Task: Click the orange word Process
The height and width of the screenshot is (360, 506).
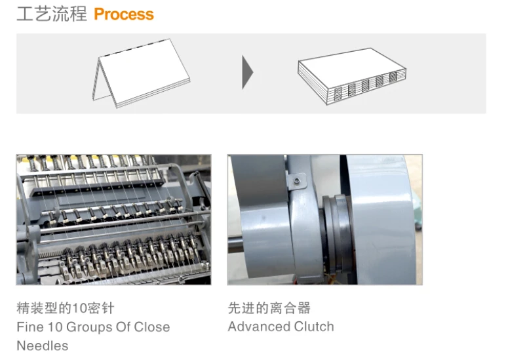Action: [124, 14]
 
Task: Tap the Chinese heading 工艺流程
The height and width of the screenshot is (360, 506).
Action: [52, 14]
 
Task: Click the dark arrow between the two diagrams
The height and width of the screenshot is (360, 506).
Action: [247, 72]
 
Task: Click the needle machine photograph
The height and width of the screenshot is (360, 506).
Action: [113, 220]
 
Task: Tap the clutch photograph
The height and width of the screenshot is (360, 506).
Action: [324, 220]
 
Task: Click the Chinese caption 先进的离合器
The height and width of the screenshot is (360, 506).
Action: [269, 308]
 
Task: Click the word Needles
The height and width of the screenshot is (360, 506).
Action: [42, 346]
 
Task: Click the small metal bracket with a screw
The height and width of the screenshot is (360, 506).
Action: [297, 179]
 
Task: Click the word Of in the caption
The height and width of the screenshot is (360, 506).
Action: [123, 327]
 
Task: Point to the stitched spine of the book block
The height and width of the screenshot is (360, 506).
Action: [367, 84]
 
